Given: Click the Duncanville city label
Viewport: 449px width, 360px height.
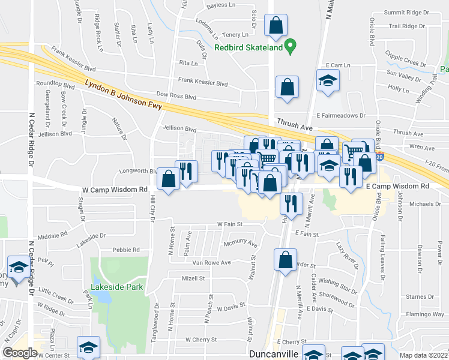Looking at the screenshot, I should tap(274, 354).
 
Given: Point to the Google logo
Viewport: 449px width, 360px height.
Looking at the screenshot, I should tap(20, 353).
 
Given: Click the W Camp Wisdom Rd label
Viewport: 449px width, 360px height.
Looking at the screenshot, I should tap(115, 190).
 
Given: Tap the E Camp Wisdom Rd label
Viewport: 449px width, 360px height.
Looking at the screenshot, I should tap(397, 187).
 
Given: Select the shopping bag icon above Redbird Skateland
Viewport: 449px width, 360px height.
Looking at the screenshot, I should tap(276, 26).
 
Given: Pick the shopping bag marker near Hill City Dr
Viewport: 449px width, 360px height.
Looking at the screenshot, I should tap(168, 178).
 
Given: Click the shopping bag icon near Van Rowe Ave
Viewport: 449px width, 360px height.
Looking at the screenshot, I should tap(285, 260).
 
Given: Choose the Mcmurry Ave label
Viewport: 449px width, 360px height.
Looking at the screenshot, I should tap(240, 244).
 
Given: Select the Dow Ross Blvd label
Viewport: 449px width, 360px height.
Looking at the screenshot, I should tap(176, 96).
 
